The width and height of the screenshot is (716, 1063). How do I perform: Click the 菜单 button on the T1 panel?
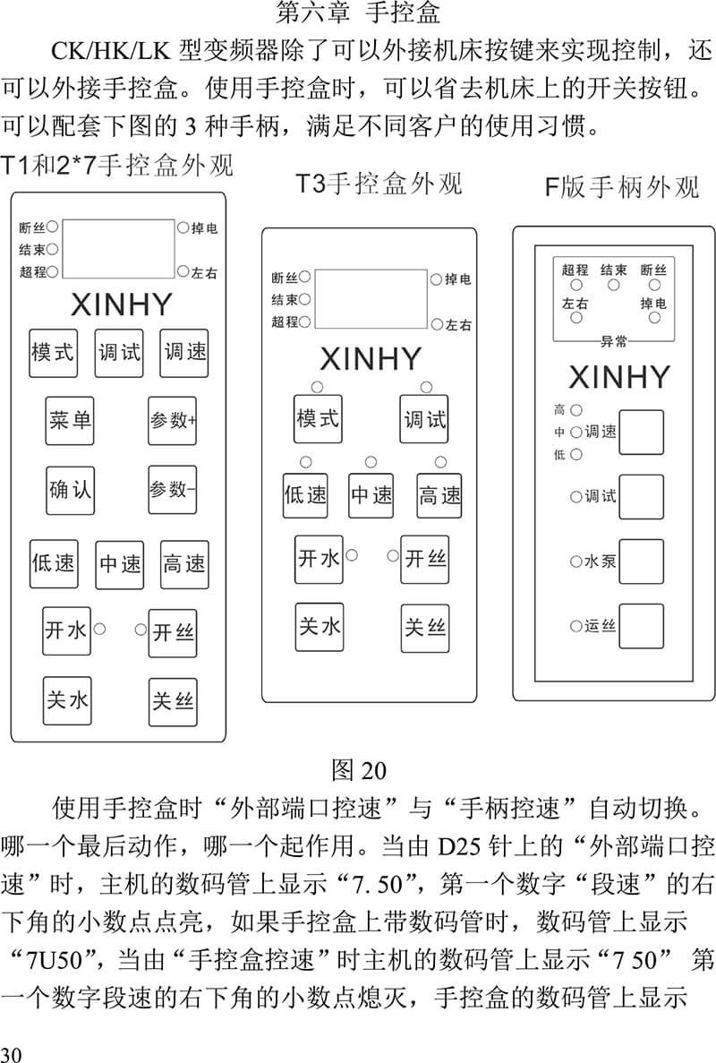pos(70,420)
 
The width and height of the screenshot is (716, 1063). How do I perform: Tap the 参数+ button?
pos(172,420)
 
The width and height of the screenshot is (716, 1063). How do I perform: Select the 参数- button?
pos(172,490)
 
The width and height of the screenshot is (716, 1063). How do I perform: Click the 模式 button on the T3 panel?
pos(318,419)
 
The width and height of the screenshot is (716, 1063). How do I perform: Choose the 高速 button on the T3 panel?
pos(439,495)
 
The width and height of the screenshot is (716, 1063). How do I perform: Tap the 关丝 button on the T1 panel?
pos(173,702)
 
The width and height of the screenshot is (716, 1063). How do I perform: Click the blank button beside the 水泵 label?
pos(641,562)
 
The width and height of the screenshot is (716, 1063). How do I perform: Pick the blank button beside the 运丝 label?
pos(641,626)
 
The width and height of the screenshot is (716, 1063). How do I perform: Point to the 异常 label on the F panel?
pos(614,341)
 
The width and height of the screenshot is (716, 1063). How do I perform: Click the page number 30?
pos(12,1053)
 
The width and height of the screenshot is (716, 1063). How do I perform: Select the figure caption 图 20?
pos(358,770)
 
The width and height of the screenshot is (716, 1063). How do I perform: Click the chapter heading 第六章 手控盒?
pos(358,13)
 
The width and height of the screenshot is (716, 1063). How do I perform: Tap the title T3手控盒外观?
pos(379,183)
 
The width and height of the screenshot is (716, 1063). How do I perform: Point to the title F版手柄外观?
pos(622,186)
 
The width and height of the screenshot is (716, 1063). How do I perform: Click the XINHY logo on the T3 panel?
pos(371,359)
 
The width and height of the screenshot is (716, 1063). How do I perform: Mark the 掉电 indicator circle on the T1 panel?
pos(183,227)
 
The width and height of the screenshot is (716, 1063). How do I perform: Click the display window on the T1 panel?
pos(118,249)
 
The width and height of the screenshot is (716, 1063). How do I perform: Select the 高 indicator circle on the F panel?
pos(575,409)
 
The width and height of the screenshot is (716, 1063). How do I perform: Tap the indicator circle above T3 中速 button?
pos(371,462)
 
